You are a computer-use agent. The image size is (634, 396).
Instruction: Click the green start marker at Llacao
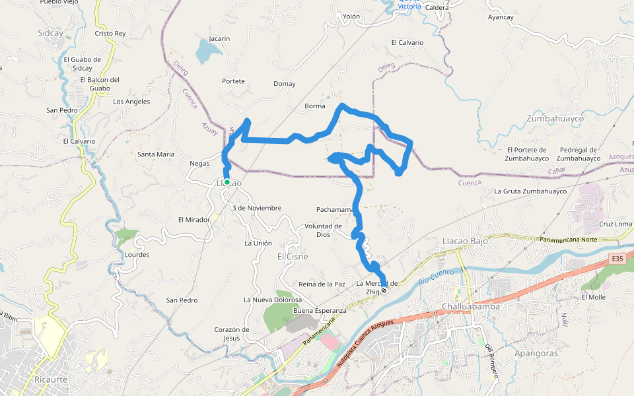227,182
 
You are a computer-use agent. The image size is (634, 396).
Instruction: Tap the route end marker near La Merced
384,290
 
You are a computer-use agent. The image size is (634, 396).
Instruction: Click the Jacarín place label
219,39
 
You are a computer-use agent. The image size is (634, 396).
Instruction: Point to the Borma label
315,106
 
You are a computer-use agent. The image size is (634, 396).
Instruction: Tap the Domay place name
285,84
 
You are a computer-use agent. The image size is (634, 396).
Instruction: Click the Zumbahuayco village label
555,118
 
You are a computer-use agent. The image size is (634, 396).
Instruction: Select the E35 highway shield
617,258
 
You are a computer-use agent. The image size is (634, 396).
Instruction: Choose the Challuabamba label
470,307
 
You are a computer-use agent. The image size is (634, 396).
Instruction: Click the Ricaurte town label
50,380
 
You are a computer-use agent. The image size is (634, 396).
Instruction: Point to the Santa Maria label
156,154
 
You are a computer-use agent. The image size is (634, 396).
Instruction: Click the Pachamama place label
335,210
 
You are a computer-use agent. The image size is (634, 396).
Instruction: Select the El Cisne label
293,257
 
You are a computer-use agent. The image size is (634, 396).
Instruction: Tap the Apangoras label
536,353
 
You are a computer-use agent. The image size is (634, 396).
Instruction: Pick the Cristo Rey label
110,33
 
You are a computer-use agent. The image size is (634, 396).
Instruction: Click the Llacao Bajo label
465,242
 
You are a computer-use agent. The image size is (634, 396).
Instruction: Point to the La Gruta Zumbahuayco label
531,191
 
